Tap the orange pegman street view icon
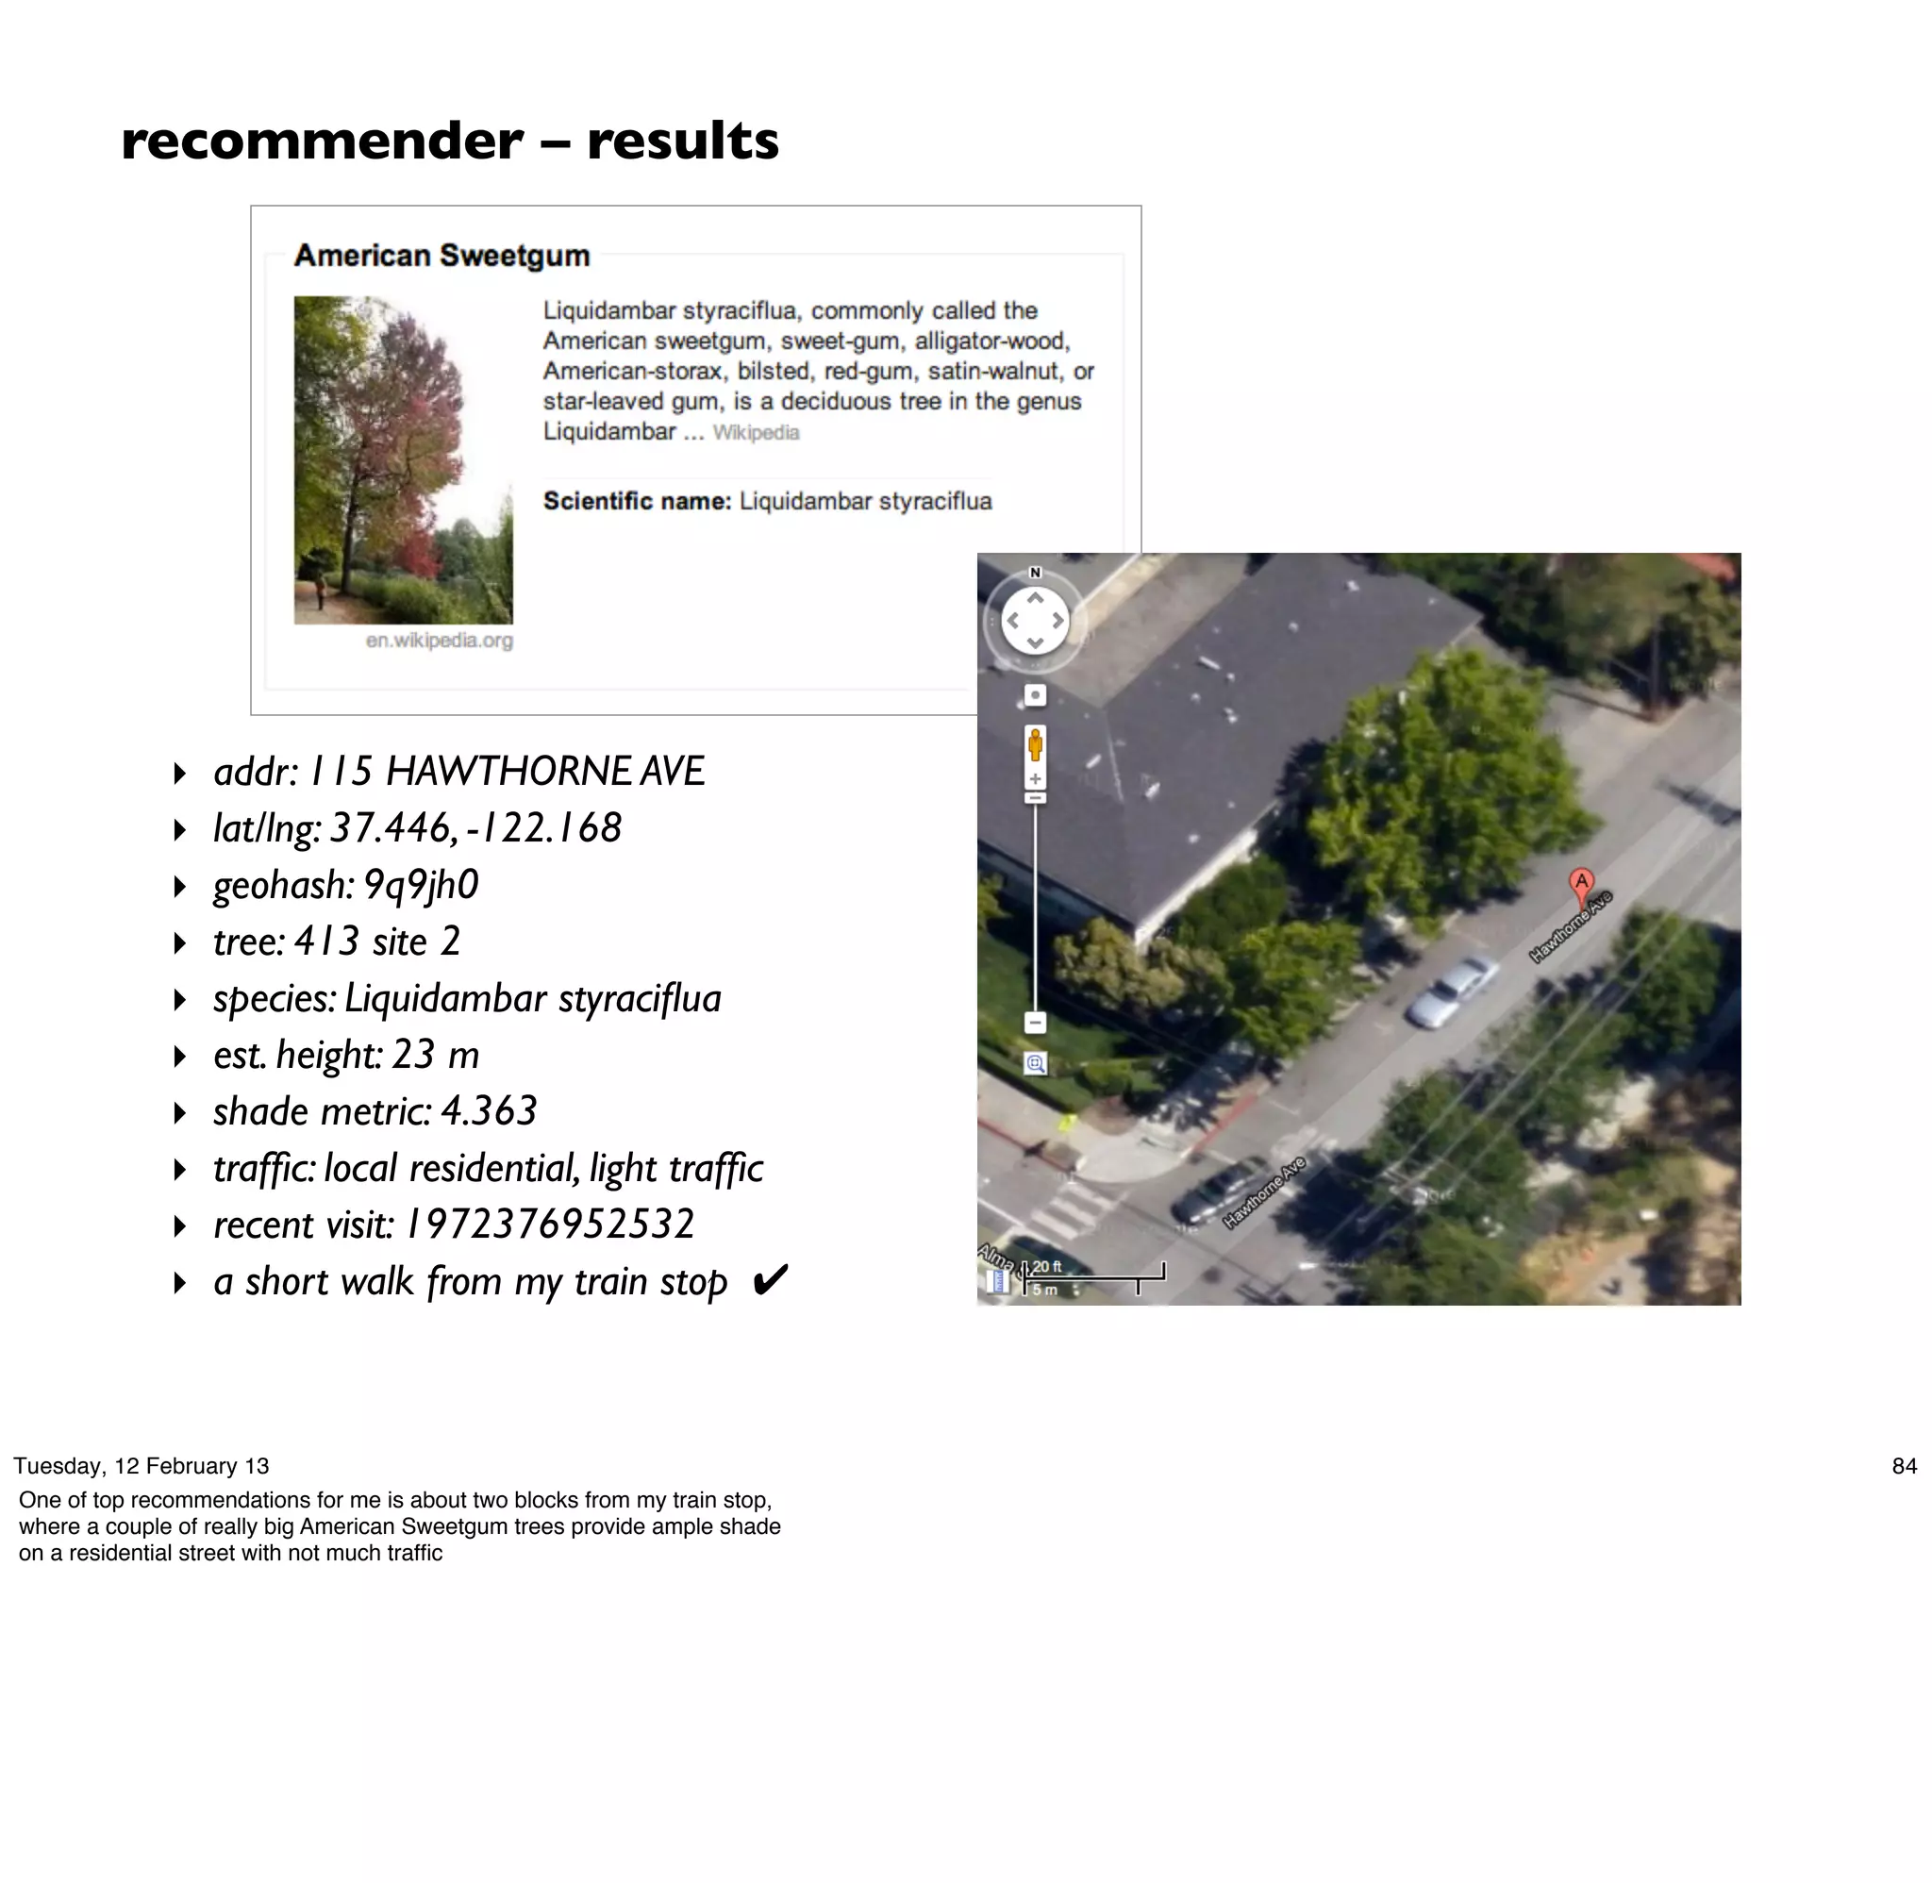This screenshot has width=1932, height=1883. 1035,743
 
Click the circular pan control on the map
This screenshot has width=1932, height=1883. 1035,621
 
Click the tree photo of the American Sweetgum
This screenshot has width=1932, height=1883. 404,459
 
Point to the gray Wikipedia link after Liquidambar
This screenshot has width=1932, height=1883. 756,432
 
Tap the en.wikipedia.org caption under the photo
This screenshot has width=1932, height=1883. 439,640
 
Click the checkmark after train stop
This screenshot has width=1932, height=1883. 770,1280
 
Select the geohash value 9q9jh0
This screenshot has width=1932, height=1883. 421,884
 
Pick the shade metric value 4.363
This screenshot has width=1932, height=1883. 489,1110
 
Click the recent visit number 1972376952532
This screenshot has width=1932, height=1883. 551,1225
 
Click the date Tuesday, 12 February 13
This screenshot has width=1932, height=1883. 142,1466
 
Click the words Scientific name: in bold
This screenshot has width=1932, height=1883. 637,500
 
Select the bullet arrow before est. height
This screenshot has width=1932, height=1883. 180,1057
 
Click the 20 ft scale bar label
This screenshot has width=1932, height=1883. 1047,1266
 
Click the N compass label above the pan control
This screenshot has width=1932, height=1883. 1035,573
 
